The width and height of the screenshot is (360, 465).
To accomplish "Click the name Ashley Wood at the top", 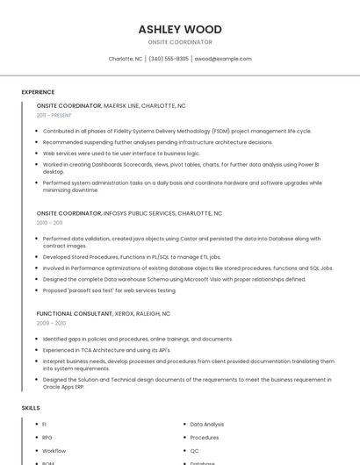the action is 180,29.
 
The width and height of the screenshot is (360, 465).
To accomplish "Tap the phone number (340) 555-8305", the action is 169,59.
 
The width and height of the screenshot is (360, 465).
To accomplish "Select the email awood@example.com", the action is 223,59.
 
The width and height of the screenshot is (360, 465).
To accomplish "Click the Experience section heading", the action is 38,92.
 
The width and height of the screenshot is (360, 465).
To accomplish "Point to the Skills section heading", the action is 31,408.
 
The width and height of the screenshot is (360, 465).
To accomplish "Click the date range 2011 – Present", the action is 54,115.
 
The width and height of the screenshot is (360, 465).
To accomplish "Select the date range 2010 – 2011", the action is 50,223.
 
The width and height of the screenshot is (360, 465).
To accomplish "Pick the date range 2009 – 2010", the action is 51,323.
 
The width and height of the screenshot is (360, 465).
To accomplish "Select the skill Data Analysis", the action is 207,424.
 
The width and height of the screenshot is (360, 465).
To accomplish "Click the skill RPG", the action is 47,437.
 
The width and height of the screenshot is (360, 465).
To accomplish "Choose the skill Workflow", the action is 54,450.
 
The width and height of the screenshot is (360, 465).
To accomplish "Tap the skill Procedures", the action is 205,437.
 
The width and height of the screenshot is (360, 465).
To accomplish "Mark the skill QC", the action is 195,450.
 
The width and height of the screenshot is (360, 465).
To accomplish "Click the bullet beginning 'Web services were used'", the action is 121,153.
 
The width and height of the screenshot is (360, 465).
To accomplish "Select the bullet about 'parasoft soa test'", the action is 109,290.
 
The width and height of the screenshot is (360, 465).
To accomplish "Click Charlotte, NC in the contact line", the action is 125,59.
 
